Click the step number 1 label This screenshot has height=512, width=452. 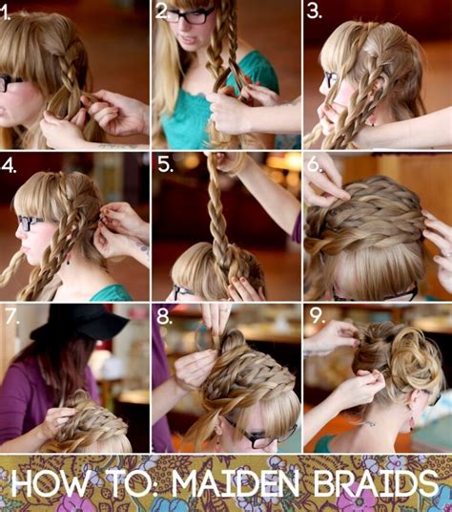pos(10,14)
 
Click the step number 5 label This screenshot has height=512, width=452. pos(164,163)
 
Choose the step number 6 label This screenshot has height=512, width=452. pos(316,164)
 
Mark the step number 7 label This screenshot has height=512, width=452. pos(11,316)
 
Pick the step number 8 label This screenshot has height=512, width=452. pos(164,316)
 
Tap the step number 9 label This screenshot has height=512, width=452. pos(316,316)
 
